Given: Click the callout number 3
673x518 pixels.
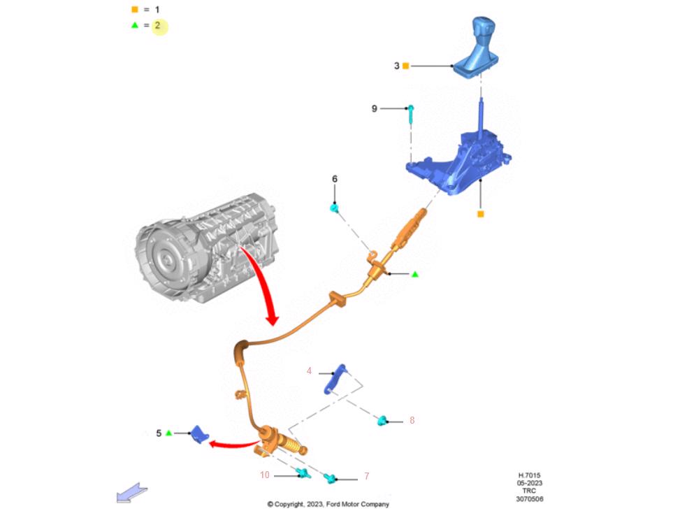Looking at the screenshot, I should point(396,66).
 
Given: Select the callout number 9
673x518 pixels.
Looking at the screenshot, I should point(375,108).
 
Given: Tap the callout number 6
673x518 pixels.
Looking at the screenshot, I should point(335,180).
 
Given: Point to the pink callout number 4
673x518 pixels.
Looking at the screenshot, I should point(310,371).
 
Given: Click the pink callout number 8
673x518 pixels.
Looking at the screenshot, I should point(412,421).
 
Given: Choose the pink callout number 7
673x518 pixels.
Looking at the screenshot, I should point(366,477).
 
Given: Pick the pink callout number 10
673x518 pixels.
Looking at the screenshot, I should point(265,475).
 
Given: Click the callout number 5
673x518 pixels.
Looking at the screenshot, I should point(159,433).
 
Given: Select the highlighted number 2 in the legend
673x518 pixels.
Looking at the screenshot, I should point(159,26).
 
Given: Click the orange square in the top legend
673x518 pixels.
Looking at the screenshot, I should point(134,10).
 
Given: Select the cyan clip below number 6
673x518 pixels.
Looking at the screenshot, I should point(335,208).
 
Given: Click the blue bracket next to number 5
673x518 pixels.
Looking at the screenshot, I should point(200,434).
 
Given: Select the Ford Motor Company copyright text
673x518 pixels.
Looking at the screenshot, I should point(328,504).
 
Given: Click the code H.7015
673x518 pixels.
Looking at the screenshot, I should point(530,475).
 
